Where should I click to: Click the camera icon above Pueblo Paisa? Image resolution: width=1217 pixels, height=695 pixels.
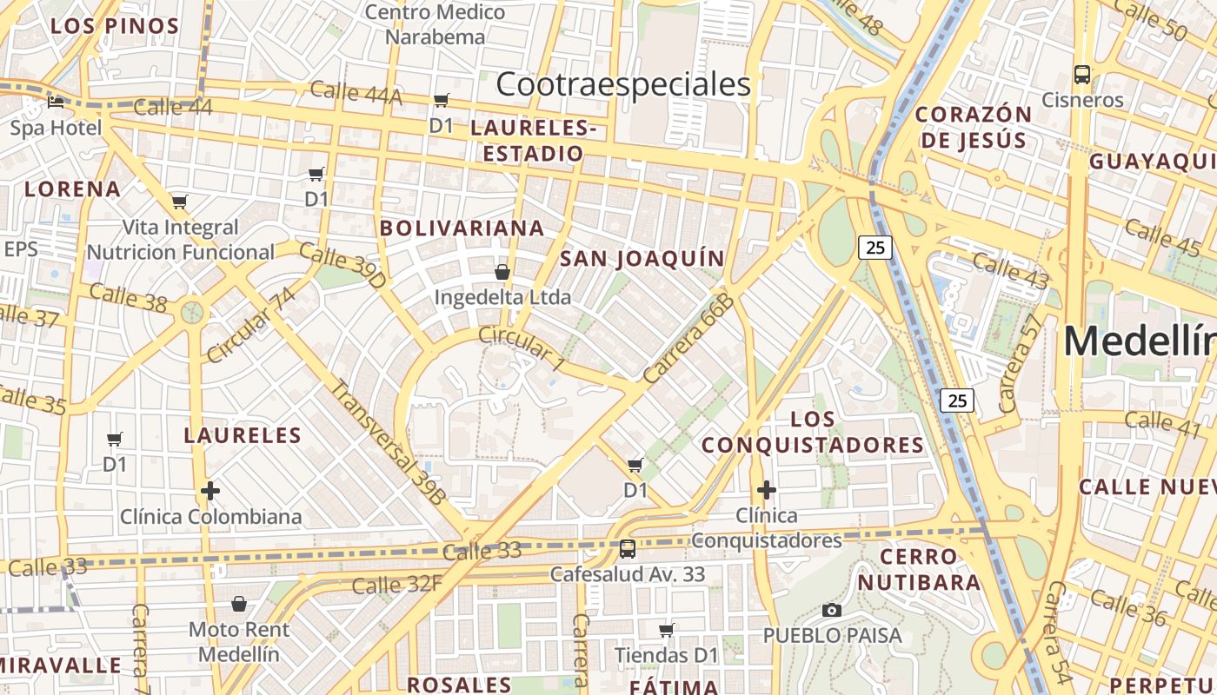coord(832,610)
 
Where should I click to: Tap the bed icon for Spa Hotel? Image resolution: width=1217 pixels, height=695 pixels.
coord(56,102)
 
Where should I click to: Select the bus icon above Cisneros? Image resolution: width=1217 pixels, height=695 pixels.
coord(1081,75)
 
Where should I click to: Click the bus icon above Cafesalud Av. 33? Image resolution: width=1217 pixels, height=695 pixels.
coord(627,549)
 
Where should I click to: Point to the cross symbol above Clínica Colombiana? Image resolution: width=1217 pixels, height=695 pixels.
coord(209,491)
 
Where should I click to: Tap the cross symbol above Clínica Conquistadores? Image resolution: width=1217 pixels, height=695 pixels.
coord(766,490)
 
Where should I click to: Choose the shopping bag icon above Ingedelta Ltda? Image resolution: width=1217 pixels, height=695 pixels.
coord(502,272)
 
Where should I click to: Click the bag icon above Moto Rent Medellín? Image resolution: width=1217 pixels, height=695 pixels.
coord(239,603)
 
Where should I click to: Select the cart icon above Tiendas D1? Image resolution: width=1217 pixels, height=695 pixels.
coord(667,630)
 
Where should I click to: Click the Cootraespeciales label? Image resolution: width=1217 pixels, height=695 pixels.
coord(623,84)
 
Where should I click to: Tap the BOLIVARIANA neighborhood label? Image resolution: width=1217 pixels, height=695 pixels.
coord(462,228)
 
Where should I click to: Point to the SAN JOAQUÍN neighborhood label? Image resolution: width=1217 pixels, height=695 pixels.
coord(642,258)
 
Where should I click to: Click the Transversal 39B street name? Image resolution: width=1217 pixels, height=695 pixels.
coord(389,442)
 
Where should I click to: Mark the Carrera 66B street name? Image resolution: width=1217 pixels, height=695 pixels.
coord(689,340)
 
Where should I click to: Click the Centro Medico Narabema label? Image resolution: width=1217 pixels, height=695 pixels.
coord(435,24)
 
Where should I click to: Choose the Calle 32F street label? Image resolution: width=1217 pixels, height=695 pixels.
coord(396,585)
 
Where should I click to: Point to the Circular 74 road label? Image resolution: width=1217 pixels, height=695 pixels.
coord(251,325)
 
